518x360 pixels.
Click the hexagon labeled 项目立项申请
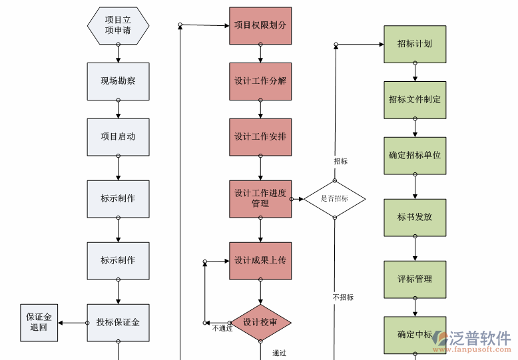[118, 25]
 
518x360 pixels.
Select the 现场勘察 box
[118, 81]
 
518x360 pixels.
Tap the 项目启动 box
[118, 137]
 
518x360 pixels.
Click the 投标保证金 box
[118, 323]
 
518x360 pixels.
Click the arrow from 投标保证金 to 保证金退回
[72, 323]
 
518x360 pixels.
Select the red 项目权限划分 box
[260, 25]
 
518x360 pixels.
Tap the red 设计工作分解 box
[260, 81]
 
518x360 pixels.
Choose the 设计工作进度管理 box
[260, 198]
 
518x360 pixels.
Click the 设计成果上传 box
[260, 260]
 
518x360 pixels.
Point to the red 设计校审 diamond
[260, 323]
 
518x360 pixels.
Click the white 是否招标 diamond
[335, 198]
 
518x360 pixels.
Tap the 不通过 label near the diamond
[222, 328]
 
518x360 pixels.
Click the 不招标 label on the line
[343, 297]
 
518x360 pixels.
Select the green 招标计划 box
[414, 44]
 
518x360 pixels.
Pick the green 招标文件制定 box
[414, 100]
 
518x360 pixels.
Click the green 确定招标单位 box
[414, 156]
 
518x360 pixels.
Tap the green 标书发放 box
[414, 218]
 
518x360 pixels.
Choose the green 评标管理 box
[414, 279]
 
